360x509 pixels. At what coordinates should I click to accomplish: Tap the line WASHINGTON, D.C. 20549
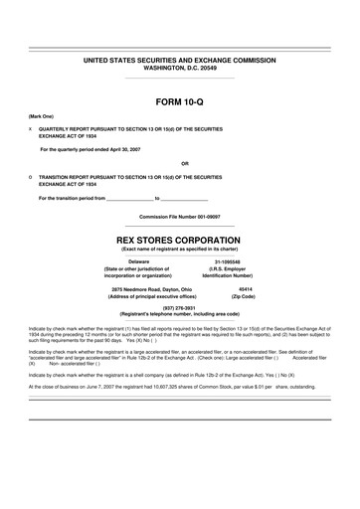pos(180,69)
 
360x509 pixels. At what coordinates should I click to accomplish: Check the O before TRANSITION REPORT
pos(31,176)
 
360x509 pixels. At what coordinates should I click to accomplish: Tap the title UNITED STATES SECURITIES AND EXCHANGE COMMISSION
pos(180,61)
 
